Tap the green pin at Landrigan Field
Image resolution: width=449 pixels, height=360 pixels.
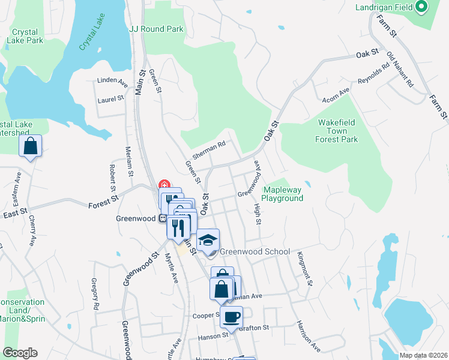(421, 7)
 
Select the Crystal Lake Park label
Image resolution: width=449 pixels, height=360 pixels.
(25, 36)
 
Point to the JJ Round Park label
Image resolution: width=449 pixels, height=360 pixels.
(156, 28)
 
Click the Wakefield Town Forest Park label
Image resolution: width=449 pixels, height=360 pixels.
(337, 131)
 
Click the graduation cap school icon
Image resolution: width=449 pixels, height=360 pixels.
(208, 241)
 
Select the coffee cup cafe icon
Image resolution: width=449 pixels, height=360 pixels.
(231, 317)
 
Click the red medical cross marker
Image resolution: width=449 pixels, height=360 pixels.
(163, 185)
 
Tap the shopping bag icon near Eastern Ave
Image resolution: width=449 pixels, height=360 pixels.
(30, 146)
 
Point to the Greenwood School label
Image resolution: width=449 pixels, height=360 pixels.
(255, 252)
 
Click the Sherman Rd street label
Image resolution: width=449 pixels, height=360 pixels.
(209, 150)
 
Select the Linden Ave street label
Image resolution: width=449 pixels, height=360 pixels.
(112, 81)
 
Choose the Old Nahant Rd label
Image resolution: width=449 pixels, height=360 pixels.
(400, 70)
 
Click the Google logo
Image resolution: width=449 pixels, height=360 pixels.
(20, 353)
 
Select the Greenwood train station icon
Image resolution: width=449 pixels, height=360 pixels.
(162, 218)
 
